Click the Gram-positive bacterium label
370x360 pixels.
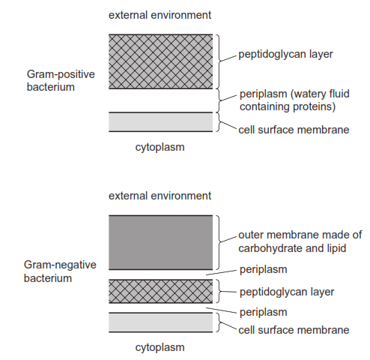coord(61,80)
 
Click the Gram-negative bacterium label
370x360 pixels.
coord(60,271)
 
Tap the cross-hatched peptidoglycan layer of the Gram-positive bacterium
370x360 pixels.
coord(161,61)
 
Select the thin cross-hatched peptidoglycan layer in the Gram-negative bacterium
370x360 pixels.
coord(161,291)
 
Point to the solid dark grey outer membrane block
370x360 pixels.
coord(161,242)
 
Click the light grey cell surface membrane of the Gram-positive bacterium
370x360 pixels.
coord(161,121)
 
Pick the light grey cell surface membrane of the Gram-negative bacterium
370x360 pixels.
coord(161,322)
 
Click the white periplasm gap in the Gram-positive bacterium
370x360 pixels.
coord(161,100)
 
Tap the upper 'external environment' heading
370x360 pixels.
coord(160,15)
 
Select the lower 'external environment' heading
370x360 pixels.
coord(160,196)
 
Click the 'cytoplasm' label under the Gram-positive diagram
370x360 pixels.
coord(160,147)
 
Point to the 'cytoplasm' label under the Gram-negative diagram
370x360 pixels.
coord(160,347)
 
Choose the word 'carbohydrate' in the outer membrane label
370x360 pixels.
coord(270,248)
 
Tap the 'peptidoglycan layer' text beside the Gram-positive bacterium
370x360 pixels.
coord(285,54)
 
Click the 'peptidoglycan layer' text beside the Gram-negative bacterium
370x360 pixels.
coord(287,292)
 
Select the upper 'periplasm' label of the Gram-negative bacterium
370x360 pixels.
coord(264,270)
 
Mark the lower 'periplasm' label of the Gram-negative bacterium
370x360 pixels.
coord(264,313)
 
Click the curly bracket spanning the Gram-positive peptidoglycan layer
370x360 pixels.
coord(219,61)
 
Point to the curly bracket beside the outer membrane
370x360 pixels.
coord(219,242)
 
